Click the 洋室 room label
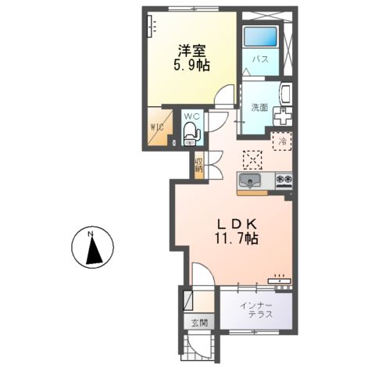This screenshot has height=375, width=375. [191, 51]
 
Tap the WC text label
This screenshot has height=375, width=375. [192, 117]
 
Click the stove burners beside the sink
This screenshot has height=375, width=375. [283, 182]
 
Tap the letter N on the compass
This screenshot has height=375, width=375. [91, 233]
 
